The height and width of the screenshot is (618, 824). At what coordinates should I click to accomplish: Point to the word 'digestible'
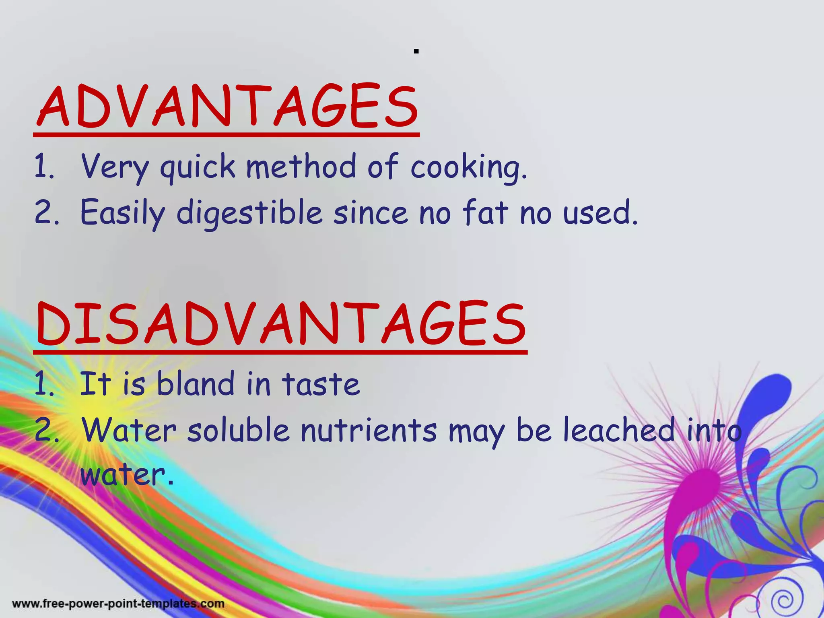pos(249,212)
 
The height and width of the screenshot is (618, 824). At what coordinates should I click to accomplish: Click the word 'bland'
pos(195,383)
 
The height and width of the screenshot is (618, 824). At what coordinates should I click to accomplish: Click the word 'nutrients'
pos(369,430)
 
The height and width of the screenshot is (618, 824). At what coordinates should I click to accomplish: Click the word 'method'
pos(301,166)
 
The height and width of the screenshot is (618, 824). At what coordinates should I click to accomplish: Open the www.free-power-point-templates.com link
pos(118,604)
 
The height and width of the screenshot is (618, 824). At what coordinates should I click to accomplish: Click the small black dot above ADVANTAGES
pos(416,51)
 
